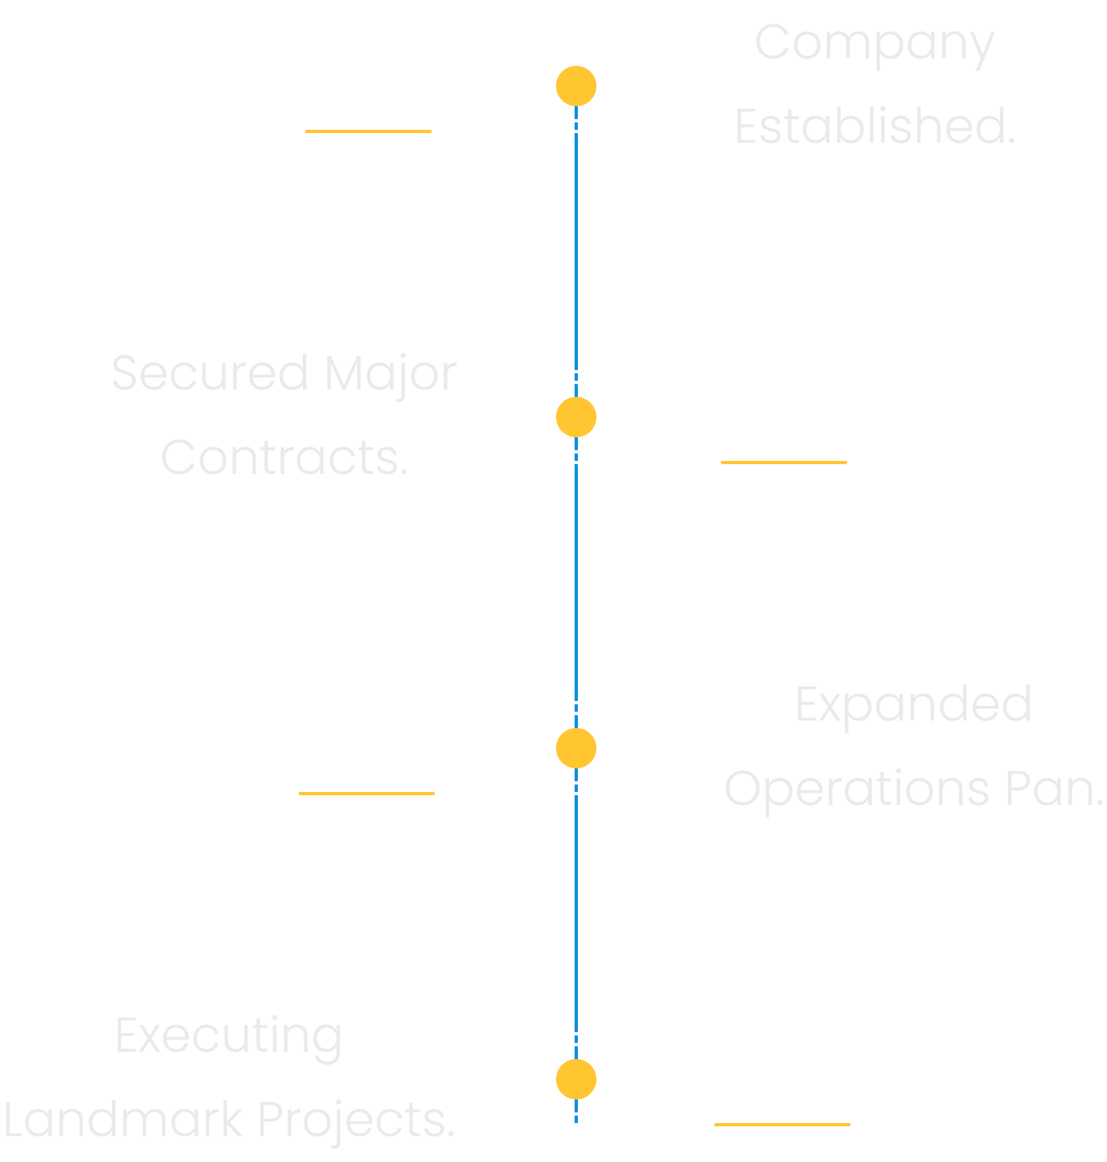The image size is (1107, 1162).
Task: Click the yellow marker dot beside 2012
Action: coord(576,86)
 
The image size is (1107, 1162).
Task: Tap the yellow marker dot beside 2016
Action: coord(576,417)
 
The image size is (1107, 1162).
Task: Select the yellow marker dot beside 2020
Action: coord(576,748)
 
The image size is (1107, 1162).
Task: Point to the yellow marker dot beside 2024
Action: coord(576,1079)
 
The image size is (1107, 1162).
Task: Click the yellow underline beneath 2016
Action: coord(783,463)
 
